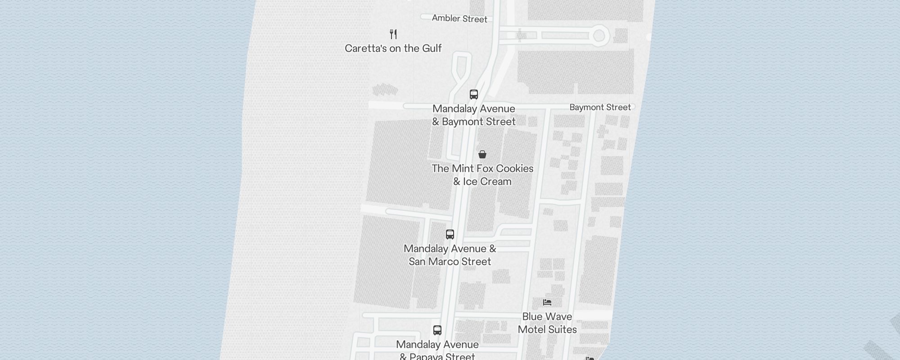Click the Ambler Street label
point(459,18)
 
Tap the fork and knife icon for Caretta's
point(393,34)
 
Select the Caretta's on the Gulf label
point(393,48)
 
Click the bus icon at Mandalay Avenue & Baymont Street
point(473,94)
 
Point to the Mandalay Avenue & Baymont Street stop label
point(474,115)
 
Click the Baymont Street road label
point(600,107)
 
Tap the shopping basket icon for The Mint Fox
point(482,154)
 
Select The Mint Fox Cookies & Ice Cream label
point(482,175)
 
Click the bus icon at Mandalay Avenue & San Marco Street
point(450,234)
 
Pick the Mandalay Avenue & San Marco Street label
point(450,255)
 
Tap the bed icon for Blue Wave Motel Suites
point(547,302)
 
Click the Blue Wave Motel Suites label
point(547,323)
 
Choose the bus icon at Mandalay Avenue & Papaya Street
point(437,330)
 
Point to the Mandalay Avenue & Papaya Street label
point(437,351)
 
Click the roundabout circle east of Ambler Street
point(599,36)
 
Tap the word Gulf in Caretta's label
point(432,48)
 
